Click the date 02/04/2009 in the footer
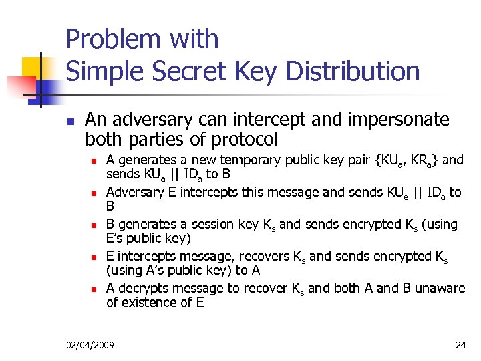point(90,344)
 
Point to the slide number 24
point(460,344)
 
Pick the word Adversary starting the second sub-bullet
point(134,192)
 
